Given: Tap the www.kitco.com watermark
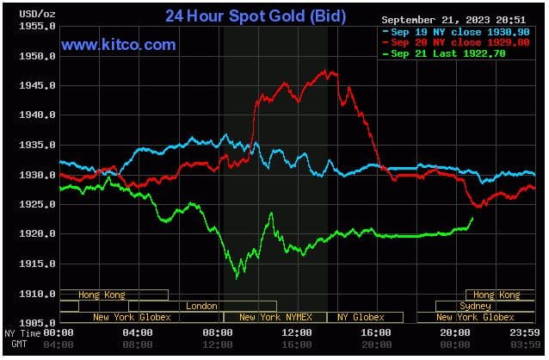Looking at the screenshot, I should [119, 45].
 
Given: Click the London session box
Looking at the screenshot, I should [201, 306].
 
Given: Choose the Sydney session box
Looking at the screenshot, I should [475, 306].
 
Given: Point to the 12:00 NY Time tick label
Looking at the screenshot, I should [297, 332].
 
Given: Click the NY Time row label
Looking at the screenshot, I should [22, 332].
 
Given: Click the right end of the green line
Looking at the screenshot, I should [472, 219].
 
